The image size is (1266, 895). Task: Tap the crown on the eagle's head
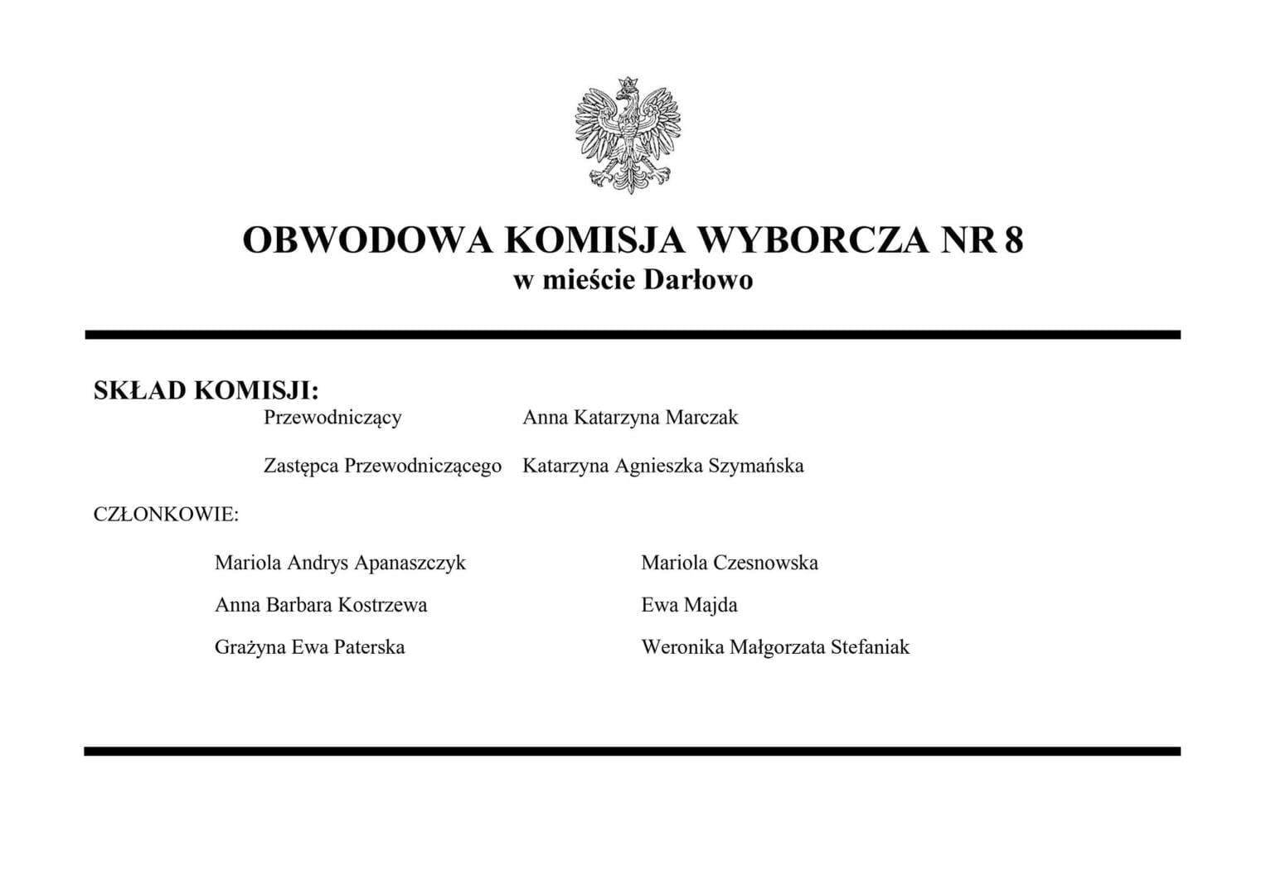point(628,85)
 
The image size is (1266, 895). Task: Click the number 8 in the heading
point(1014,240)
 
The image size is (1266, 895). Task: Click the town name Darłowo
point(698,281)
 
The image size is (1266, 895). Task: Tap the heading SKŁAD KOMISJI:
point(206,390)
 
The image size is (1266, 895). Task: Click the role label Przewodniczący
point(332,418)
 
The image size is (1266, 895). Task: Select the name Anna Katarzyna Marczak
point(630,418)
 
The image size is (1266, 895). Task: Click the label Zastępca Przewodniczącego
point(382,466)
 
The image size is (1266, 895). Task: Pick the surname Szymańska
point(756,466)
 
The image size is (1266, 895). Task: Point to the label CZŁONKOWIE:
point(166,515)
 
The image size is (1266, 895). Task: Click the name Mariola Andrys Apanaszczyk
point(340,564)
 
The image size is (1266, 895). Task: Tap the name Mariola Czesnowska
point(730,564)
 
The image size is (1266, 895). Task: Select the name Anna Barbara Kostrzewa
point(321,606)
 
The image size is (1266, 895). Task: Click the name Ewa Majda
point(689,606)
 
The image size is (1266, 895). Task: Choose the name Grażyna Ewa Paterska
point(309,647)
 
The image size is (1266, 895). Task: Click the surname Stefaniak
point(870,647)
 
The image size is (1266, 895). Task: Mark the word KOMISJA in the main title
point(594,240)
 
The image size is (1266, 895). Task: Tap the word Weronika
point(682,647)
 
